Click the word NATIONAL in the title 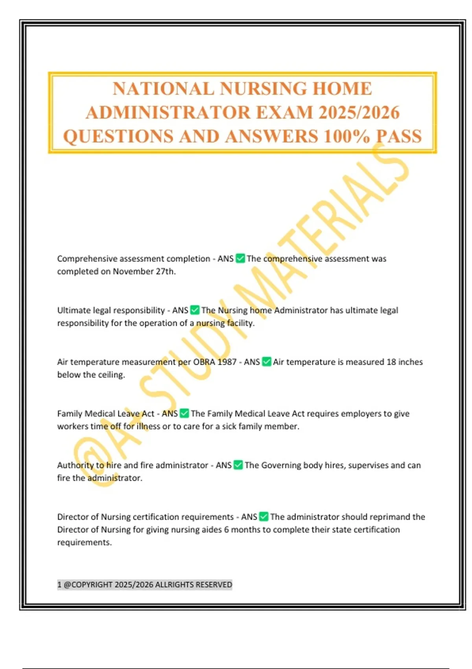(x=163, y=89)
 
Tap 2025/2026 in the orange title (x=359, y=113)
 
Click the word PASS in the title (x=399, y=137)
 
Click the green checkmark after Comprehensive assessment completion (x=240, y=259)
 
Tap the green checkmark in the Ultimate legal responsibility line (x=195, y=310)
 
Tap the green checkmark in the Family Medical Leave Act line (x=184, y=414)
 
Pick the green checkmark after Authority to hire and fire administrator (x=238, y=465)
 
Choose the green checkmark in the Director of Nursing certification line (x=264, y=517)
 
